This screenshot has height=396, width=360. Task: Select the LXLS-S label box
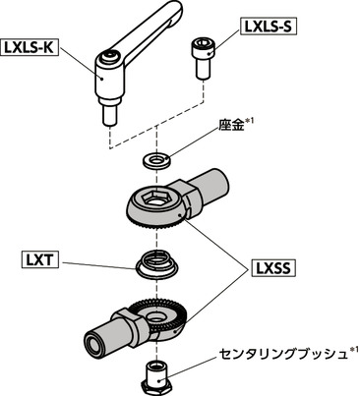(267, 27)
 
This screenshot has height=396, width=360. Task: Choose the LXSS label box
(276, 267)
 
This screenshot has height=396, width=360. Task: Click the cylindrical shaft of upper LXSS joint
(212, 187)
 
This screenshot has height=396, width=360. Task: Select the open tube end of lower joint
(96, 343)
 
